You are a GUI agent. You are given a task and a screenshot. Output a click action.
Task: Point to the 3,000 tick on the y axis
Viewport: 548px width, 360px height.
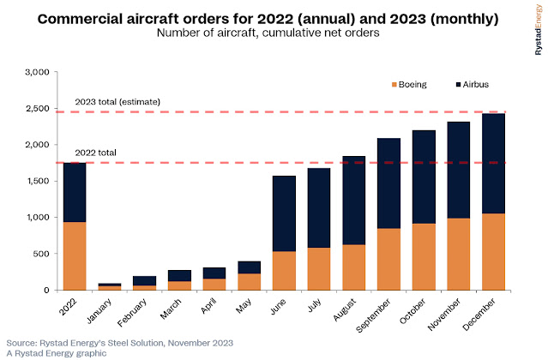pos(41,73)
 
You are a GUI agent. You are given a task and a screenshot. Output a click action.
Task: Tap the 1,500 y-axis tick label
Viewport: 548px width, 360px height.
pos(41,182)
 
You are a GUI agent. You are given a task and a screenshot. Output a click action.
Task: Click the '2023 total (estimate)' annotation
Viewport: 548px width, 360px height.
pos(117,102)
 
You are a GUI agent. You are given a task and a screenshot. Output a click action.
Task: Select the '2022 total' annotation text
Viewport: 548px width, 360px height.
pos(96,153)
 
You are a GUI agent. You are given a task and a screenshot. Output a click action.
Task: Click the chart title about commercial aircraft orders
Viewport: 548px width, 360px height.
pos(274,18)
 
